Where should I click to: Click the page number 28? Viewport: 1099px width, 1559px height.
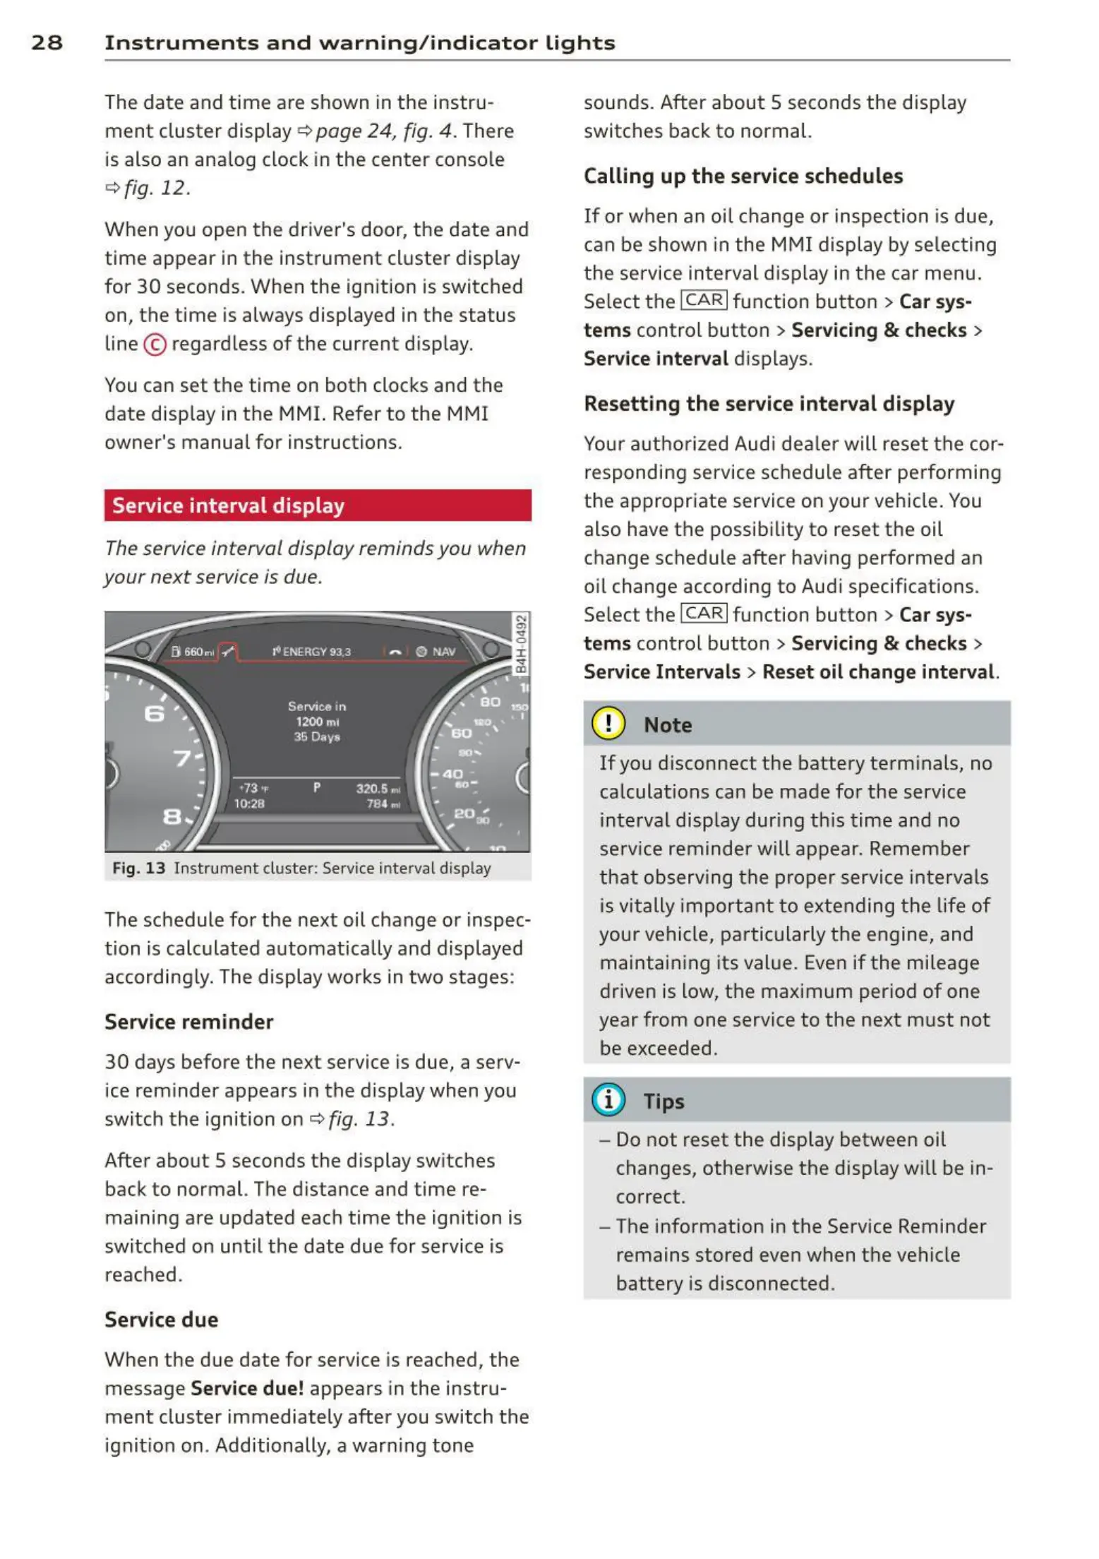47,42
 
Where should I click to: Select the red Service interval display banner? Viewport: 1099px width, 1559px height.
317,506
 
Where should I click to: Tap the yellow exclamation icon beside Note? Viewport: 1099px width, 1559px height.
608,724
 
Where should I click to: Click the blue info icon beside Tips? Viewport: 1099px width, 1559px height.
608,1100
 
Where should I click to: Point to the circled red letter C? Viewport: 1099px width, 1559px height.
155,345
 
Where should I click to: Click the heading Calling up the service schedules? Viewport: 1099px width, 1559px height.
743,176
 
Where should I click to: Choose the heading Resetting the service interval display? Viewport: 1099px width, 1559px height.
769,404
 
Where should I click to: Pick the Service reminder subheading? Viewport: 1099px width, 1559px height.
188,1022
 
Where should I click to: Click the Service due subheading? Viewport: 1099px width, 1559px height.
161,1320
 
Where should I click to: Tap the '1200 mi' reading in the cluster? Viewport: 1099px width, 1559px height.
317,722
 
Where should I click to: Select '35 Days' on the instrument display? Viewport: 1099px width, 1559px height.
317,737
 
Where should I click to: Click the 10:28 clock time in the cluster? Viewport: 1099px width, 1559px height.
249,804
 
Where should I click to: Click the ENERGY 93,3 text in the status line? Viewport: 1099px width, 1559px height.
312,652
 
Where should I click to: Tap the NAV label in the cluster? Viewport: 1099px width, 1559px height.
443,652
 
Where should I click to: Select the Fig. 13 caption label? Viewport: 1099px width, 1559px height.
138,868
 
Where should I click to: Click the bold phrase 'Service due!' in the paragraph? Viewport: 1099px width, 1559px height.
247,1388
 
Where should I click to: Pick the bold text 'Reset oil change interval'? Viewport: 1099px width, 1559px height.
877,671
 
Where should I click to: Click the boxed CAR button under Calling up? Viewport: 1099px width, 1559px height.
703,301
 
